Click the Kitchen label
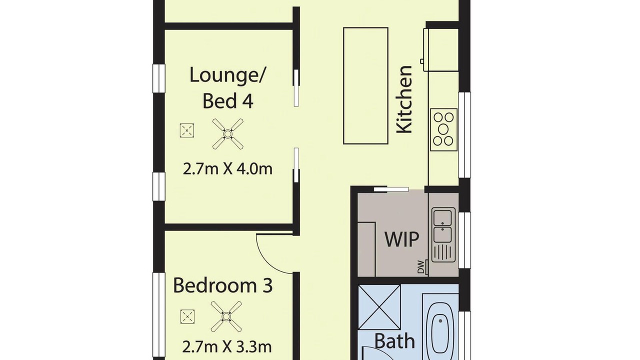(404, 99)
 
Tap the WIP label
(401, 239)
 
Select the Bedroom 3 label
(223, 285)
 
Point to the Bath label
(394, 340)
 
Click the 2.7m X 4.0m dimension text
(227, 169)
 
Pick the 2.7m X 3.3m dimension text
(227, 347)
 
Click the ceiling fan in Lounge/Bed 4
(227, 133)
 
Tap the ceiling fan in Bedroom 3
(226, 316)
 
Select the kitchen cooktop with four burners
(443, 129)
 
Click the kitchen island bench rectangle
(365, 85)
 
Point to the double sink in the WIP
(443, 234)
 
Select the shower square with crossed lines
(379, 307)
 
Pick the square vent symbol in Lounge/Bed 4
(187, 130)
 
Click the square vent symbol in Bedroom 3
(187, 316)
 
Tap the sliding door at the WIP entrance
(391, 189)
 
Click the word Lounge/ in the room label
(227, 75)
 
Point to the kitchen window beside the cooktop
(464, 135)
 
